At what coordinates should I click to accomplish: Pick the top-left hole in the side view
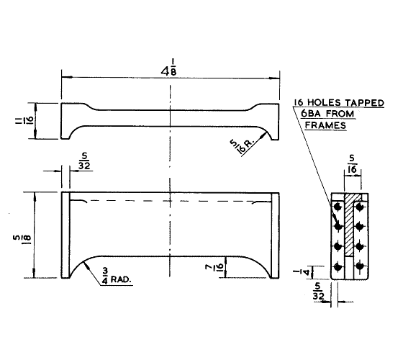(337, 207)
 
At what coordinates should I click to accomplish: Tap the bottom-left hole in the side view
(337, 268)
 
